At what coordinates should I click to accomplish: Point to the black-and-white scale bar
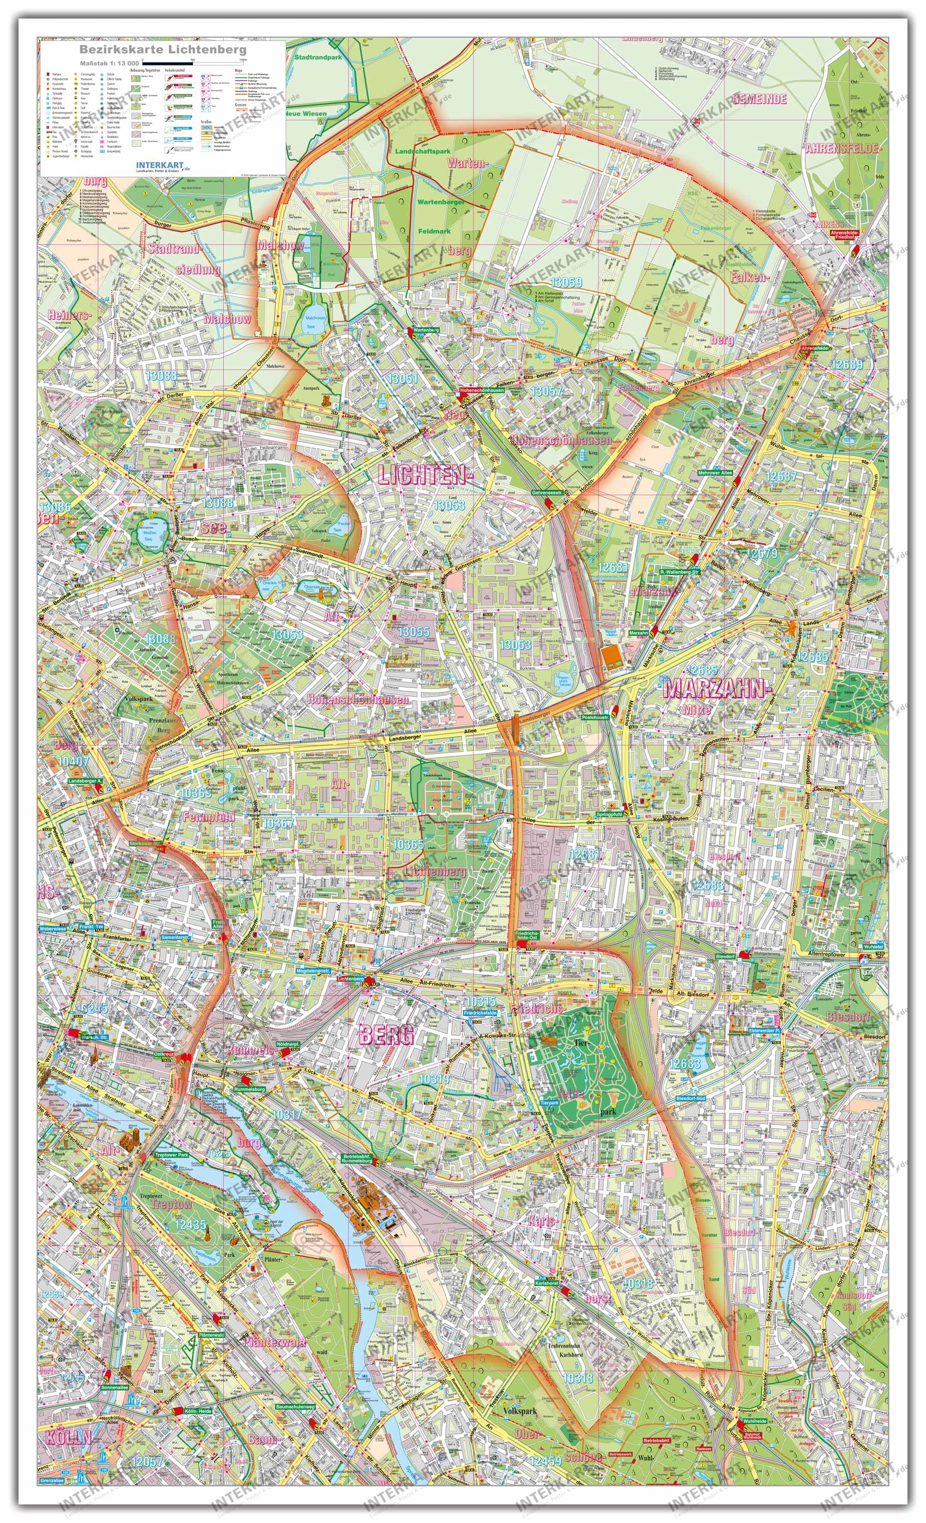tap(192, 63)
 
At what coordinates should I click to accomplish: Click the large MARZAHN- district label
tap(717, 688)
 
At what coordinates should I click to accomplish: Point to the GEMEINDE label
tap(759, 99)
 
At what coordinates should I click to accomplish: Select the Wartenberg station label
tap(425, 330)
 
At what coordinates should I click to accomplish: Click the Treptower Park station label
tap(171, 1154)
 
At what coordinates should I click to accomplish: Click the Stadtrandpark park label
tap(318, 57)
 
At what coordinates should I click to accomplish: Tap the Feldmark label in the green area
tap(434, 231)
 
